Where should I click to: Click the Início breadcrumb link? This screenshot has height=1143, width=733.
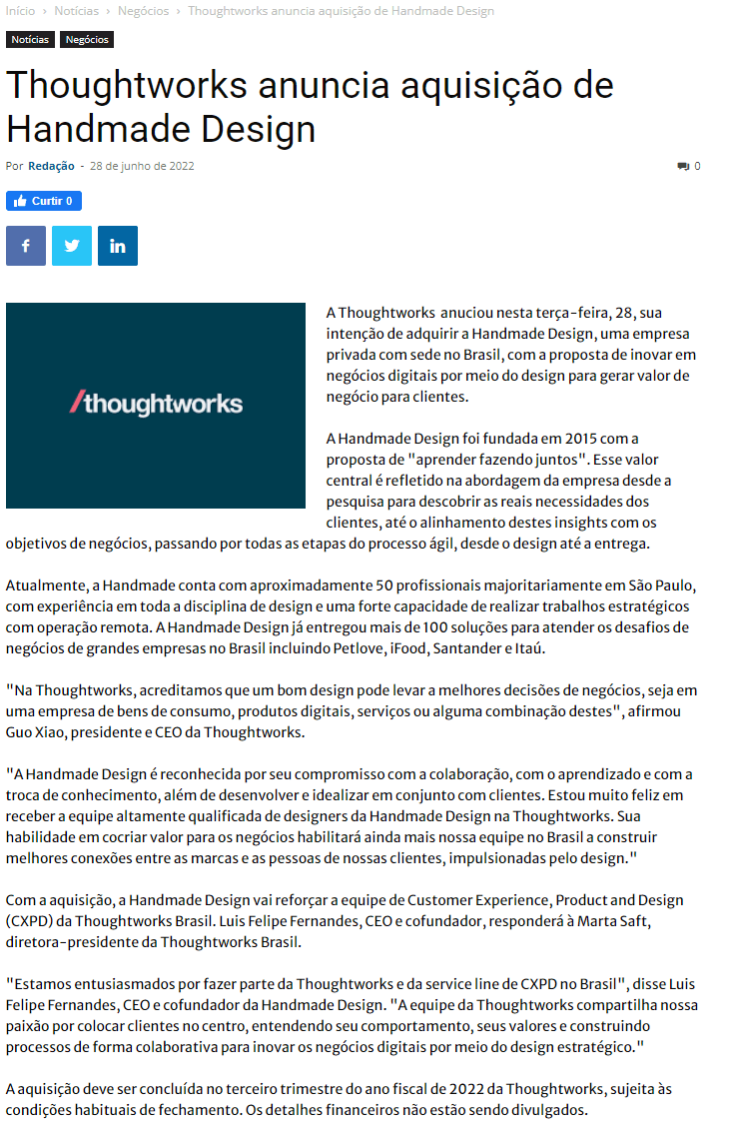click(21, 11)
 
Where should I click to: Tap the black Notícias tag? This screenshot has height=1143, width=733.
click(30, 40)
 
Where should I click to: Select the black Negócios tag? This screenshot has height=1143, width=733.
click(87, 40)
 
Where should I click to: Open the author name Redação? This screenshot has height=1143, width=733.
click(51, 166)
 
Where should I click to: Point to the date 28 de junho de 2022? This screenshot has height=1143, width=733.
click(142, 166)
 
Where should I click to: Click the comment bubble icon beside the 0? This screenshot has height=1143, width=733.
click(683, 166)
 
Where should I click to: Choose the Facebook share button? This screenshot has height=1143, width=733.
click(26, 246)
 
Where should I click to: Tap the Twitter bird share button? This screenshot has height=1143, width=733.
click(72, 246)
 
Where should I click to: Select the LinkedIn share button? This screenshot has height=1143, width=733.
click(118, 246)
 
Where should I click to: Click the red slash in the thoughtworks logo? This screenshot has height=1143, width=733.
click(75, 403)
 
